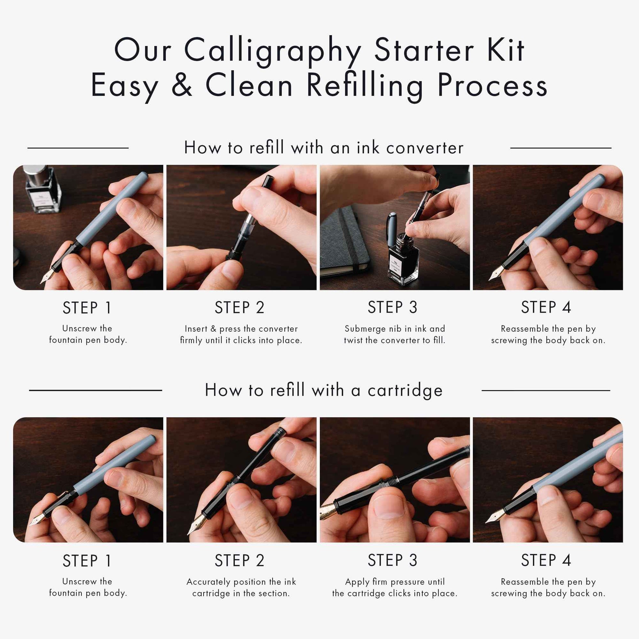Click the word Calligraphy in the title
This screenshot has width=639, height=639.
(x=273, y=51)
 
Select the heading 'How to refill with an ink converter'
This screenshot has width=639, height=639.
(x=324, y=147)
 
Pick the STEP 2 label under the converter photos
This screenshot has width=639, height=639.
(x=239, y=308)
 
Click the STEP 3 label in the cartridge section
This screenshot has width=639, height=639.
(x=393, y=560)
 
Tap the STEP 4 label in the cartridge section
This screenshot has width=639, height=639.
(x=546, y=560)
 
